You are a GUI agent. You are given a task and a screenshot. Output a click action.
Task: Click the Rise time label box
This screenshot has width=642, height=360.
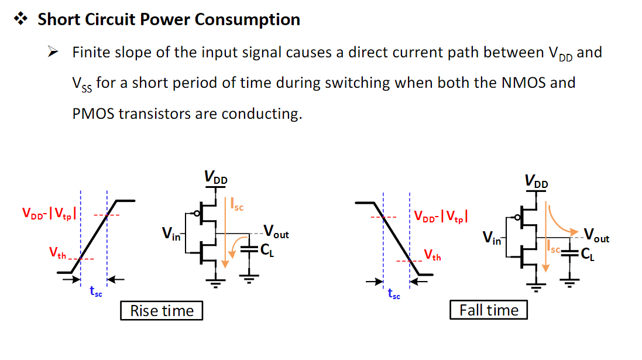click(162, 310)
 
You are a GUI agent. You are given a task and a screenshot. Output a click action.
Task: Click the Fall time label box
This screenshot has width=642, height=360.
click(489, 310)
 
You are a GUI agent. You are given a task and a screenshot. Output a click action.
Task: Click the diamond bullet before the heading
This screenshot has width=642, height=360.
click(20, 18)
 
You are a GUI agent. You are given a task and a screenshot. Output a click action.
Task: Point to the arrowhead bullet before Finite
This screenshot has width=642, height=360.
click(53, 52)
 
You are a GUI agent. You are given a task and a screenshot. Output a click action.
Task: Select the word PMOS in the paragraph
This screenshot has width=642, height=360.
click(94, 114)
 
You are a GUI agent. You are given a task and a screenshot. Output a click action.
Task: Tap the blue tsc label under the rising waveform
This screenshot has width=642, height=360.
click(96, 291)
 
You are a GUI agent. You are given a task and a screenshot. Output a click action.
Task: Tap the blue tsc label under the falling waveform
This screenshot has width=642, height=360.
click(394, 293)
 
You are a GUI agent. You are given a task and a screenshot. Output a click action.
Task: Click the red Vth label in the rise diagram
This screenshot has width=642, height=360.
click(57, 253)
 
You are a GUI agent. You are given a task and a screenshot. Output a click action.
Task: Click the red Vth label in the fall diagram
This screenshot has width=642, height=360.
click(432, 255)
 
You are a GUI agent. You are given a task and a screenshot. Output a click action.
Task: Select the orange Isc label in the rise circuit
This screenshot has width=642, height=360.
click(237, 204)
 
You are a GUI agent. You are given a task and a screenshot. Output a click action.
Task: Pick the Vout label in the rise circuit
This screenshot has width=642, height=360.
click(276, 232)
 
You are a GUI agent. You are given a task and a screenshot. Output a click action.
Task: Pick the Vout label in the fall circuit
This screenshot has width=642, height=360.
click(596, 235)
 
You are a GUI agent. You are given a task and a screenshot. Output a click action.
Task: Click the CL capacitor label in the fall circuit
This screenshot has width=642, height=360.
click(588, 254)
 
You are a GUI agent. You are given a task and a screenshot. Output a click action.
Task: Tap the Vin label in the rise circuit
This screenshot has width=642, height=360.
click(171, 234)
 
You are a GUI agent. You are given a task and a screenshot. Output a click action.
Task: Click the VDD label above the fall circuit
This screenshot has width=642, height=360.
click(536, 181)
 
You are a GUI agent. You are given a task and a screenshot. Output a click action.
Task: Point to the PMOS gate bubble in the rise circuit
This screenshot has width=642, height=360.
click(197, 214)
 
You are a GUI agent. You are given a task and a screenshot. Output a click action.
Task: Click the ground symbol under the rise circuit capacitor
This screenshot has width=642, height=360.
click(249, 279)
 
